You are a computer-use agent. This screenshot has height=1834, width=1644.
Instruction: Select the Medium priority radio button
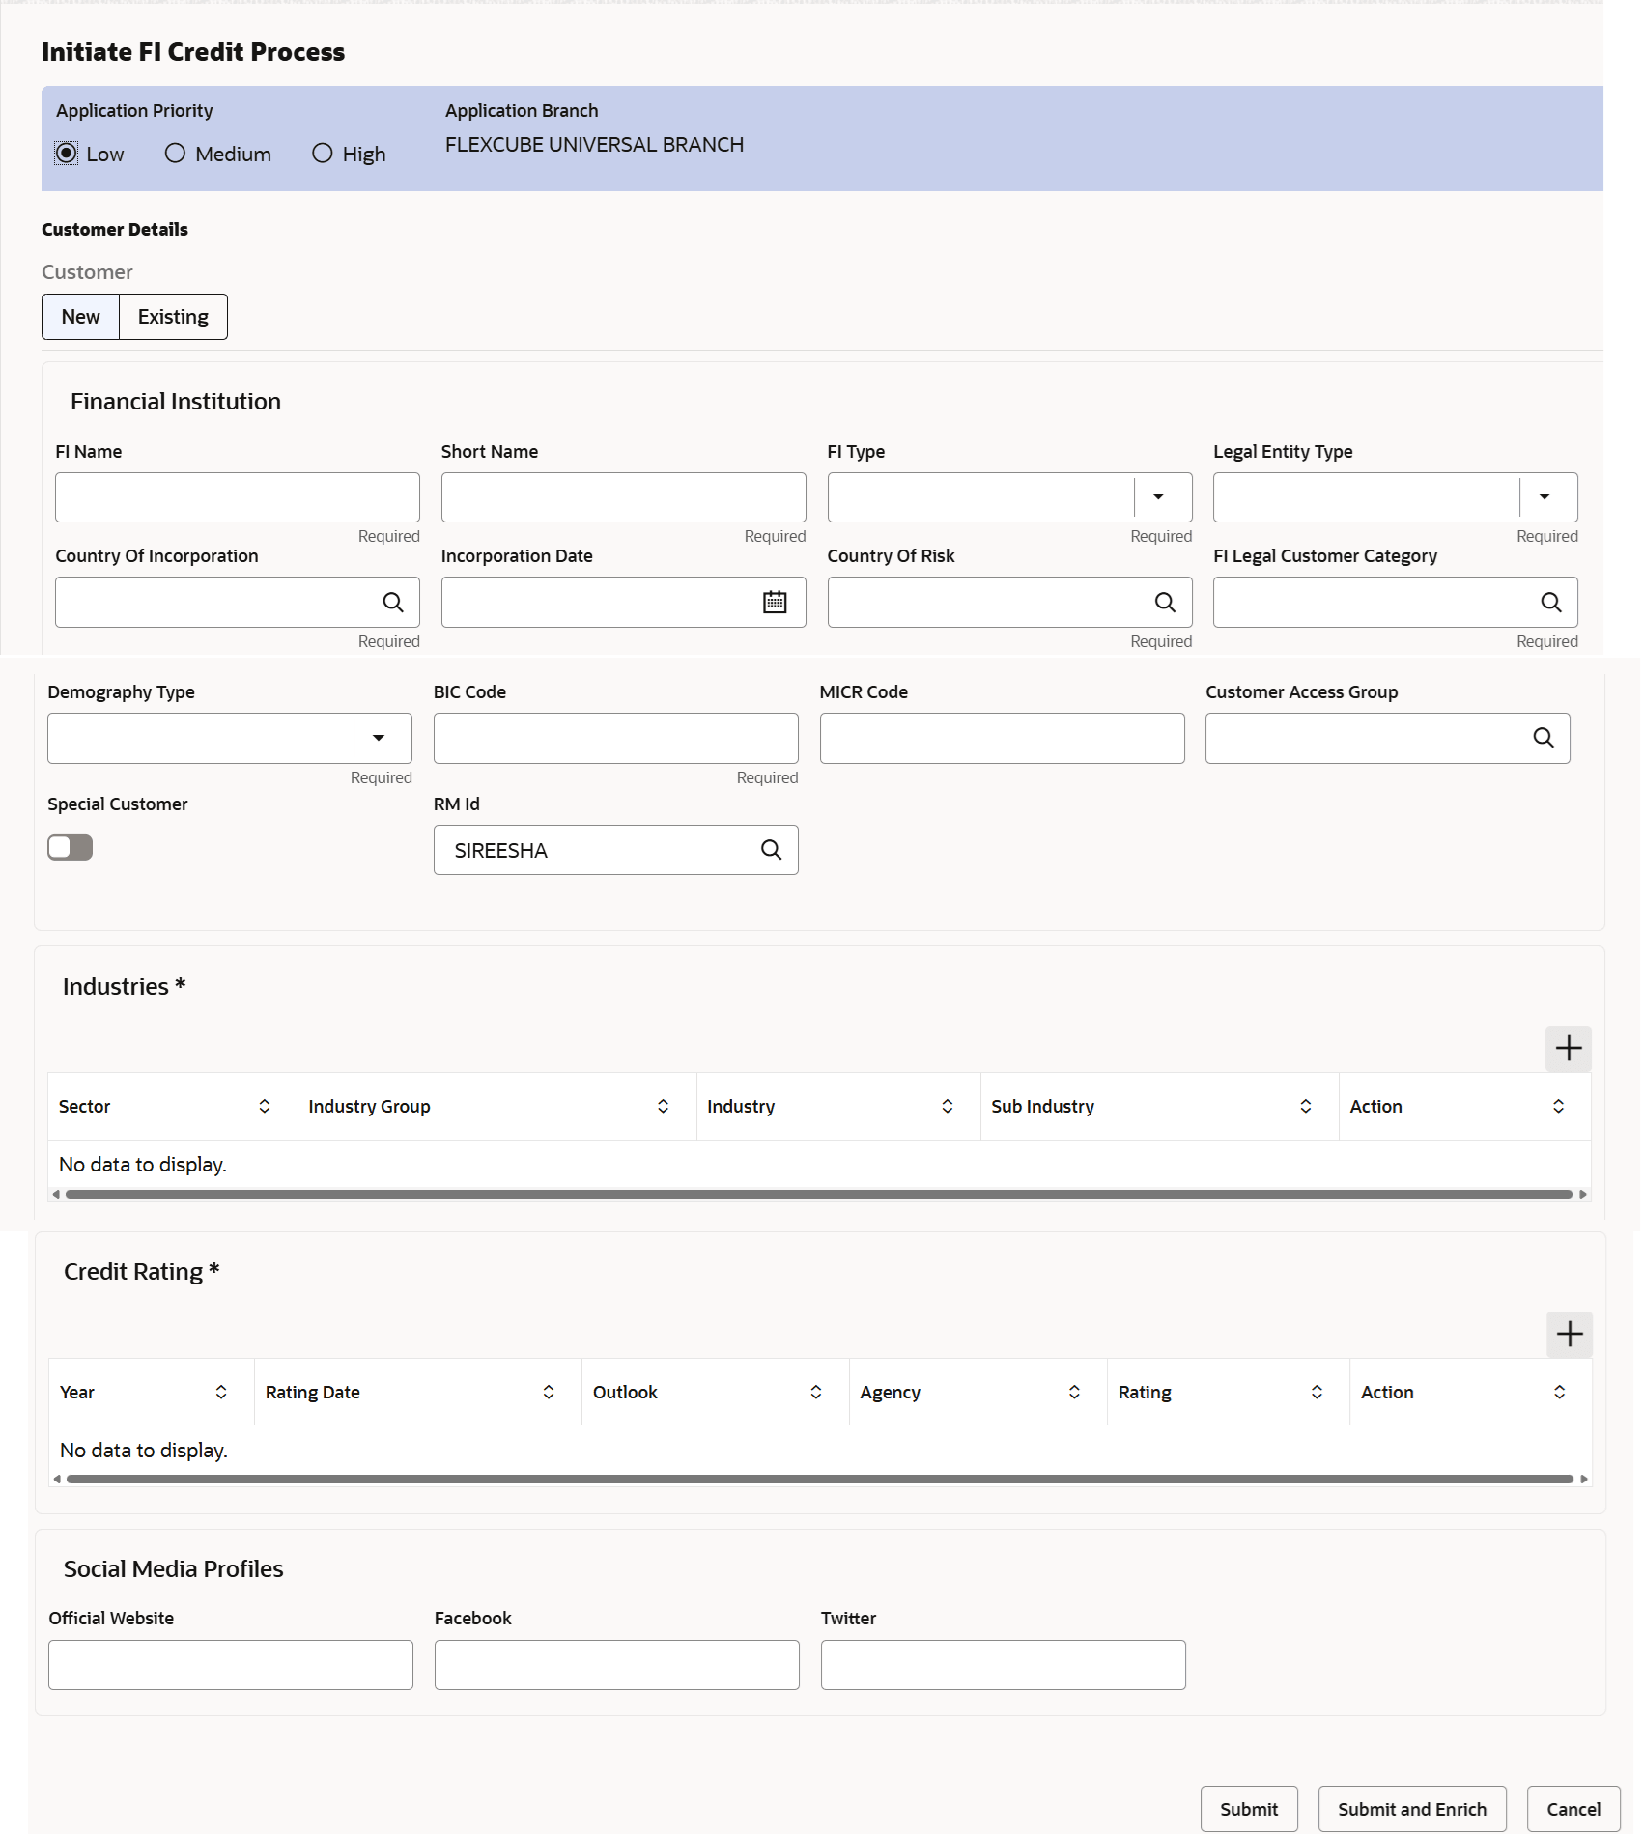(175, 154)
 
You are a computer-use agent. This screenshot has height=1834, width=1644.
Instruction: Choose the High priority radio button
(323, 154)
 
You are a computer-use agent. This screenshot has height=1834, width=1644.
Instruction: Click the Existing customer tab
(173, 317)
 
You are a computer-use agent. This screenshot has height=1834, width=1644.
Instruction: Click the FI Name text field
(237, 497)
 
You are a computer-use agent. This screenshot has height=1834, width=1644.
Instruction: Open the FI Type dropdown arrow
(1158, 497)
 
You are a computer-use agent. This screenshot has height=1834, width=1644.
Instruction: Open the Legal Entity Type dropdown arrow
(1545, 497)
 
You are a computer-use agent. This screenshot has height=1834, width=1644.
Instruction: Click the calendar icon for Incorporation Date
(775, 603)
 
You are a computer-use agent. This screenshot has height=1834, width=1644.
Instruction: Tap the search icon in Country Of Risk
(1165, 603)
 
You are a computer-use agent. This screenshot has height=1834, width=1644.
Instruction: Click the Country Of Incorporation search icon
(392, 603)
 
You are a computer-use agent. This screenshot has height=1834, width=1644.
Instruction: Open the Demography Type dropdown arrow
(379, 739)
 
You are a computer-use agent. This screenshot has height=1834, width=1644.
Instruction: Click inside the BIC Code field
(615, 739)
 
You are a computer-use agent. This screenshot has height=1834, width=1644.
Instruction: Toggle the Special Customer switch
(71, 848)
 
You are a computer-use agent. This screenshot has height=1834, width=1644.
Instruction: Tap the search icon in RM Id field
(771, 850)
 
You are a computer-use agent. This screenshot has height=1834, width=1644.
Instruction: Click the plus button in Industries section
(1568, 1049)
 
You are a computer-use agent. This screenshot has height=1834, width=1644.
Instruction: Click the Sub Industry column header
(1043, 1107)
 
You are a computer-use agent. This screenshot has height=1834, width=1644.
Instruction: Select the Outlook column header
(626, 1393)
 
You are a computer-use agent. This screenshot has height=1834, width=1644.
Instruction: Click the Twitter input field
(1003, 1665)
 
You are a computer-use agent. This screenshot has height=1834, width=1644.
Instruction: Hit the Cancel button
(1573, 1809)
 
